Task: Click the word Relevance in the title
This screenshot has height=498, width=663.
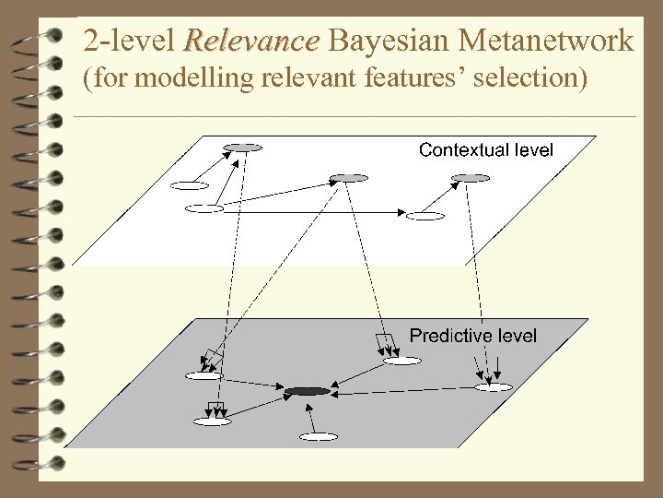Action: click(x=251, y=41)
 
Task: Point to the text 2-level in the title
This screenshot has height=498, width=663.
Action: click(x=128, y=41)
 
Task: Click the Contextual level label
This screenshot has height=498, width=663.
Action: click(x=485, y=149)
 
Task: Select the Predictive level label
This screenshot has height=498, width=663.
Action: click(x=472, y=336)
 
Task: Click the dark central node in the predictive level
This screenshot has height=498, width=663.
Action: click(x=307, y=392)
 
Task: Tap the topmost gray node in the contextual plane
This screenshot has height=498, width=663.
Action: click(x=242, y=148)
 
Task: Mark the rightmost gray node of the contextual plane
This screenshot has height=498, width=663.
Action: click(x=471, y=177)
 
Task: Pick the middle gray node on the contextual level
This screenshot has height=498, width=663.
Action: click(x=348, y=177)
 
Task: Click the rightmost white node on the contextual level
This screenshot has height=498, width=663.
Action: click(x=425, y=216)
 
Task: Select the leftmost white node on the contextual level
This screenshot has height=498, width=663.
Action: click(x=189, y=185)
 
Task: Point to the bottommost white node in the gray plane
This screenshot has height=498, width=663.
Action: click(x=319, y=436)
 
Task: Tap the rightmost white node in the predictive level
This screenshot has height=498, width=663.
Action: click(x=493, y=387)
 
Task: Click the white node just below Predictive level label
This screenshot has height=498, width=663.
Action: click(x=401, y=361)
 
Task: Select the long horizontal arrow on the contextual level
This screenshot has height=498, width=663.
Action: click(x=313, y=212)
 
